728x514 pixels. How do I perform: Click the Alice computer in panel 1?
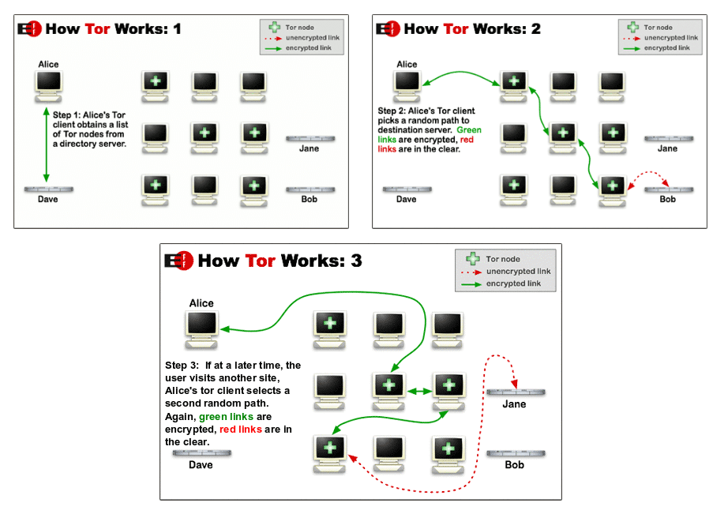pos(49,84)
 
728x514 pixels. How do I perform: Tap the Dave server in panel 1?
pos(49,189)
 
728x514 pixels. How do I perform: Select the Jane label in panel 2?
pos(668,148)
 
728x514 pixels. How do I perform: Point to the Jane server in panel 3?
pos(516,392)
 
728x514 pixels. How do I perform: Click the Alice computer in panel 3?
pos(201,327)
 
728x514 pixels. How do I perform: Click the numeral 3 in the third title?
pos(356,261)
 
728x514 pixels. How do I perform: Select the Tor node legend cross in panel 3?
pos(472,259)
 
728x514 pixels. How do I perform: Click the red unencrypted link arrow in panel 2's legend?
pos(632,38)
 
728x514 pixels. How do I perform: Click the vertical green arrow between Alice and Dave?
pos(46,144)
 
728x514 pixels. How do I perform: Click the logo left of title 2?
pos(388,29)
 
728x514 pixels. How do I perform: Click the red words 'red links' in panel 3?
pos(242,430)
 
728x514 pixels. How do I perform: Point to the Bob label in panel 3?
pos(514,465)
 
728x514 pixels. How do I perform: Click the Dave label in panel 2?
pos(406,200)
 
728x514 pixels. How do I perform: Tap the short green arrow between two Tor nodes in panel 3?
pos(418,389)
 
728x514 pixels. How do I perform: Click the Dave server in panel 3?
pos(201,453)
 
